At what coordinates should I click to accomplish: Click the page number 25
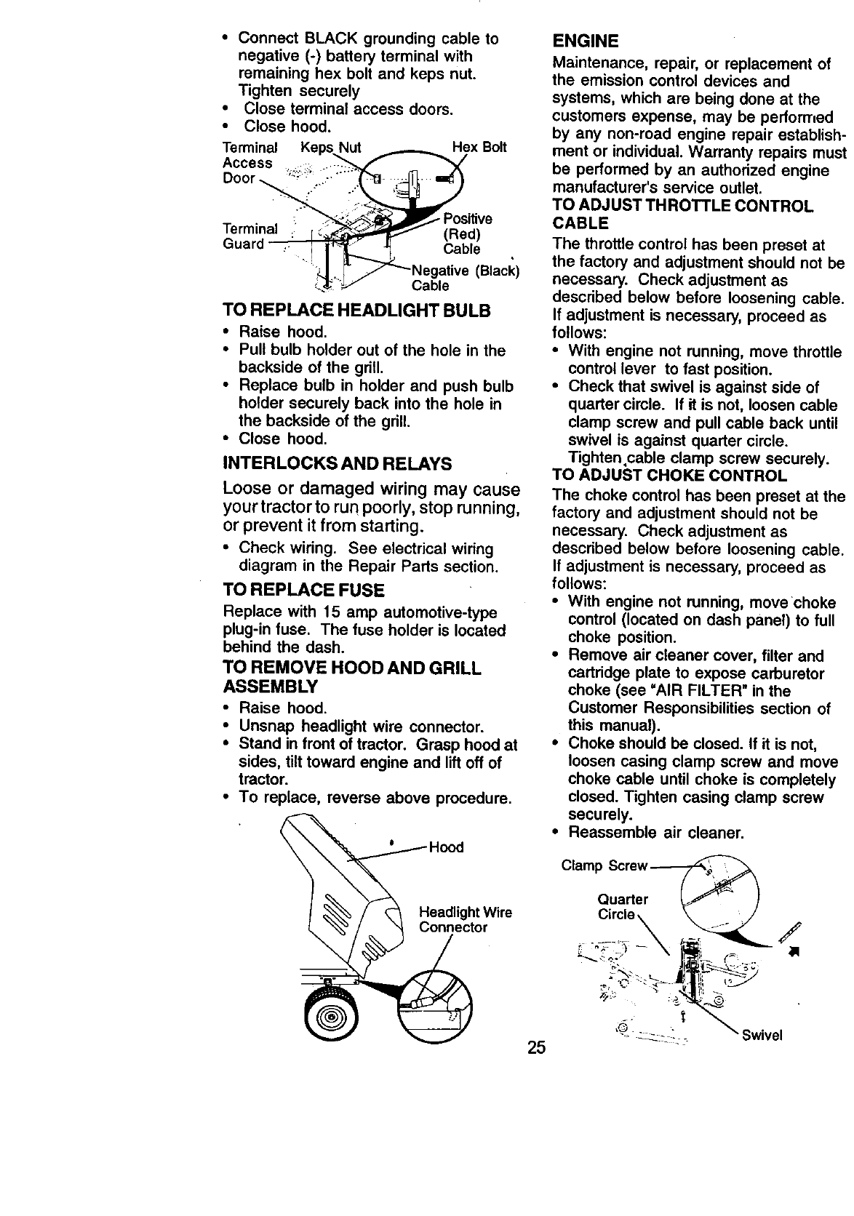click(536, 1048)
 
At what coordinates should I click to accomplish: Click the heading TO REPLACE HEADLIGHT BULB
click(356, 311)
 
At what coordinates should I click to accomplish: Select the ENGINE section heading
click(586, 39)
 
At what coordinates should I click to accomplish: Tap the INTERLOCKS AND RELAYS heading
click(337, 463)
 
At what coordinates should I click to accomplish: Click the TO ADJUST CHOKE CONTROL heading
click(669, 476)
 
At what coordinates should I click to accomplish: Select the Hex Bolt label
click(479, 148)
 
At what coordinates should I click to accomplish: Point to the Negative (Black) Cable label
click(464, 279)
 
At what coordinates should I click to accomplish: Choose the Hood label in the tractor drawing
click(446, 847)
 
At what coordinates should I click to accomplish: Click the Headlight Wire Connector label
click(466, 920)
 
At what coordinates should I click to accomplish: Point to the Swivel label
click(762, 1036)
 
